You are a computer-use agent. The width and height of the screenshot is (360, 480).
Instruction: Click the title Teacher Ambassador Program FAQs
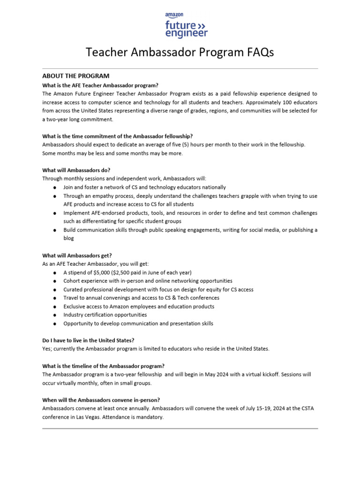180,52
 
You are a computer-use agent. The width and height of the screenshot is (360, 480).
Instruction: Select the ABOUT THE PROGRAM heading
75,76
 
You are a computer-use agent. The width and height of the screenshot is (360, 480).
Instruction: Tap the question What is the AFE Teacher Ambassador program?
100,85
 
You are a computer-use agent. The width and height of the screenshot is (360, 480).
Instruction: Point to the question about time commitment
118,136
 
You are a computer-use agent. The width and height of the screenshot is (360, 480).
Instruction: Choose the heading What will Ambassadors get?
77,255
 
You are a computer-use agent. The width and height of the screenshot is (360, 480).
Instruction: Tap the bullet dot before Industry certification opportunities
55,315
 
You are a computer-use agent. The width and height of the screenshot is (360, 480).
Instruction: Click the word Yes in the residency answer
47,349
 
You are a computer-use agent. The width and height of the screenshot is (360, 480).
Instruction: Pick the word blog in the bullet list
68,238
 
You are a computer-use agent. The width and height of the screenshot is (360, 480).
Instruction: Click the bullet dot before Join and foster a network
55,187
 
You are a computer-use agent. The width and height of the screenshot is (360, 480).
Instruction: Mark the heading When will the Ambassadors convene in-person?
101,400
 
